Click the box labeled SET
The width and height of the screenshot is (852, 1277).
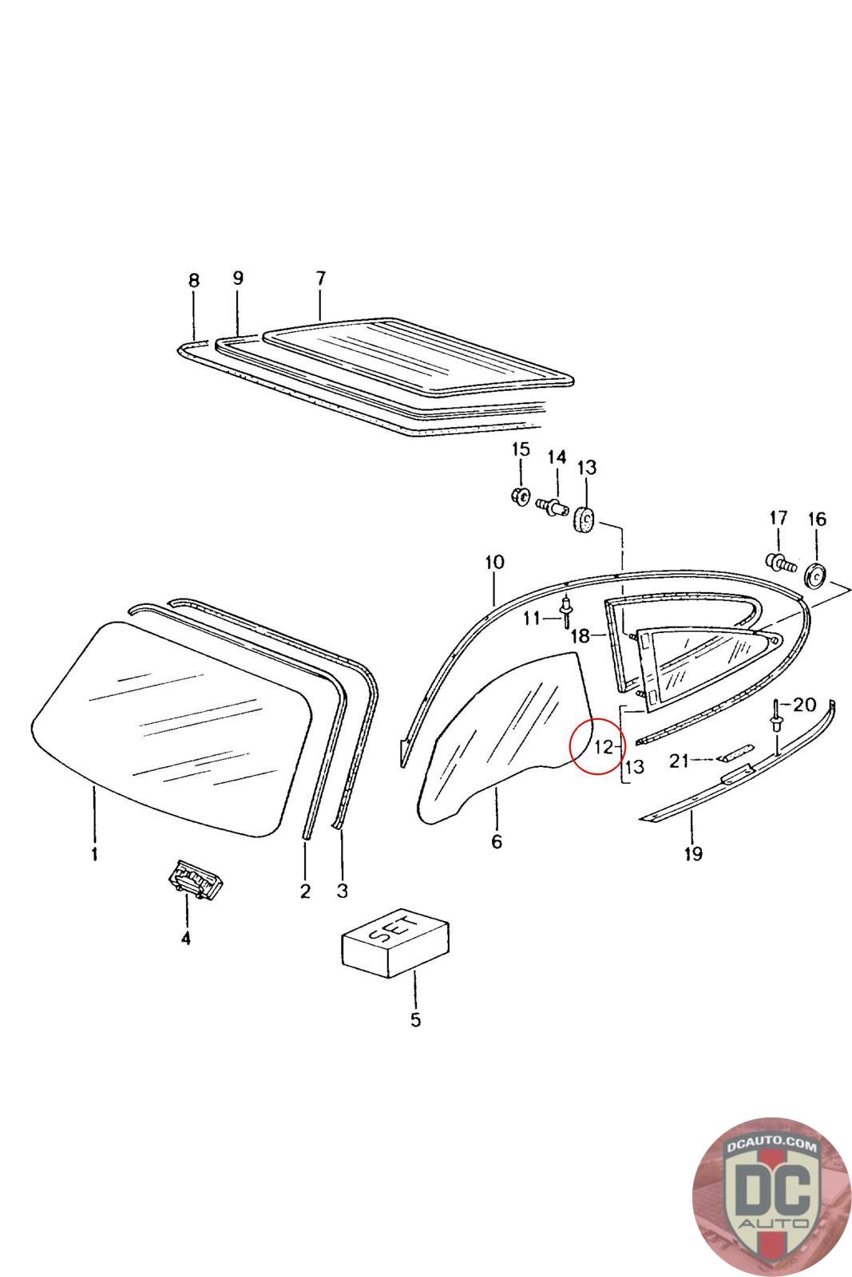pos(395,947)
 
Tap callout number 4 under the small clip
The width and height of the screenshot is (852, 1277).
pos(185,939)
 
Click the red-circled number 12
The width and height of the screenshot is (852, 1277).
pos(603,747)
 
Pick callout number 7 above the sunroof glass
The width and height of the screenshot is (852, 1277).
pos(320,279)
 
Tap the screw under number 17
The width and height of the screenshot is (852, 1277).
pos(781,563)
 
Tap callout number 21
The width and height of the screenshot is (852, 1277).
pos(679,761)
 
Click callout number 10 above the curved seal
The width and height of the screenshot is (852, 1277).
pos(494,562)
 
